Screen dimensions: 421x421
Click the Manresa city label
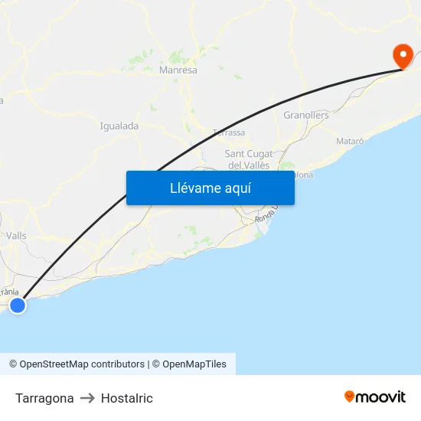click(178, 70)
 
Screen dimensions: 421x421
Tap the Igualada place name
click(119, 126)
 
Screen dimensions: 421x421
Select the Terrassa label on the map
click(229, 132)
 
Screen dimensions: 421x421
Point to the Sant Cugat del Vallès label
click(249, 159)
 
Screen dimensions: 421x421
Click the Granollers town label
click(306, 116)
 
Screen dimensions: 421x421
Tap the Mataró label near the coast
click(350, 142)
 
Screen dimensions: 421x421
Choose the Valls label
click(16, 236)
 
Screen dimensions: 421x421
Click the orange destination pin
click(402, 55)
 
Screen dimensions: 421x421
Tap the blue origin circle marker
click(17, 305)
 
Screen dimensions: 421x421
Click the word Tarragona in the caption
click(44, 398)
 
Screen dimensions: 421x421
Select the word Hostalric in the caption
click(127, 398)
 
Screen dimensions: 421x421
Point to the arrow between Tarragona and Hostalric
click(87, 398)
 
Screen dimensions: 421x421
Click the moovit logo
click(374, 397)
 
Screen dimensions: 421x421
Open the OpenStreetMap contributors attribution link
click(77, 364)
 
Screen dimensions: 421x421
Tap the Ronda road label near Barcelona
click(265, 217)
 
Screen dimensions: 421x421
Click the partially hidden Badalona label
click(303, 175)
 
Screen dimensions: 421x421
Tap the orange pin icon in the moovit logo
click(350, 397)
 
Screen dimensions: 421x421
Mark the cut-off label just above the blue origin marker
click(9, 292)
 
